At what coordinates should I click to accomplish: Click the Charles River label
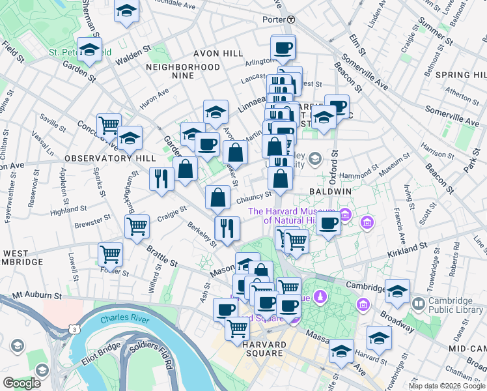124,319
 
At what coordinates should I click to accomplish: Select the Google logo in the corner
21,383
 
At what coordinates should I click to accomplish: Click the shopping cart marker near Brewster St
137,227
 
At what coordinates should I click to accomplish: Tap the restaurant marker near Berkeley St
227,228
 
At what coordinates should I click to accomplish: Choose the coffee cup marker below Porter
283,47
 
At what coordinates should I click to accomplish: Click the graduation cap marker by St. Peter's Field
89,50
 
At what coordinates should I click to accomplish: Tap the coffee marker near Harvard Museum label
329,224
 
